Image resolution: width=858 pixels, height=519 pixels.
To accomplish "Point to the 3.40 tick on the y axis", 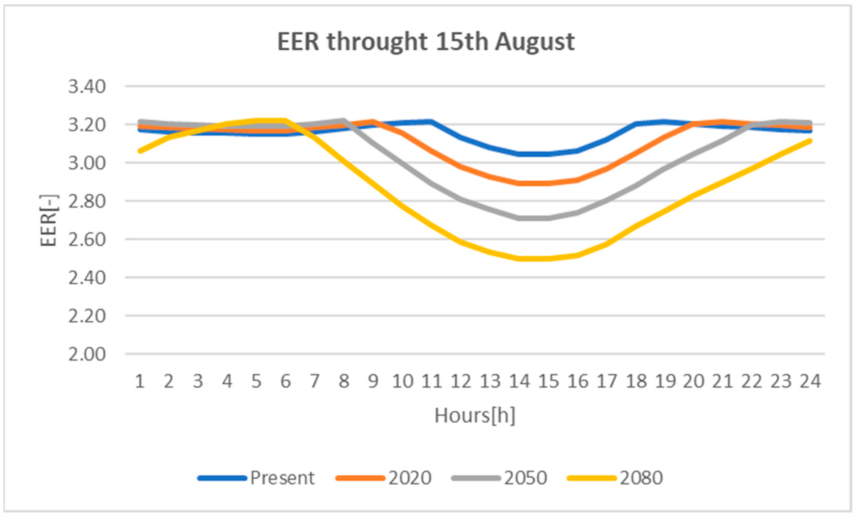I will pos(87,86).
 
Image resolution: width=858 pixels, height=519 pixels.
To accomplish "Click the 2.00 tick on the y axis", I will pos(87,354).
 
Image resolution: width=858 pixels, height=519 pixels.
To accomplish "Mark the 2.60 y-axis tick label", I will pos(87,240).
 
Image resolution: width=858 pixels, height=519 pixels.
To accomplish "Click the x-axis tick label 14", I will pos(520,381).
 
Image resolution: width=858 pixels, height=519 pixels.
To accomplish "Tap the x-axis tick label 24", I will pos(810,381).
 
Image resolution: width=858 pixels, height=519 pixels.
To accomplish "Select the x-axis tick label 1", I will pos(140,381).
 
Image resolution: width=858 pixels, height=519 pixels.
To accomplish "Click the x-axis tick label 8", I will pos(344,381).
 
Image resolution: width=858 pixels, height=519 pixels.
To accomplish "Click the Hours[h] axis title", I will pos(475,415).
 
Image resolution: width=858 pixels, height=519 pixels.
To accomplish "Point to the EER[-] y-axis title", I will pos(48,220).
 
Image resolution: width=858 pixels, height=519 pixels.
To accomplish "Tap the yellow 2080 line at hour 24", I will pos(810,141).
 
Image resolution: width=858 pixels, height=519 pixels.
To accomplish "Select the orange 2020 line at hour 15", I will pos(549,183).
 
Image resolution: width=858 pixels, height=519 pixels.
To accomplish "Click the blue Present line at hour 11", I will pos(431,121).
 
